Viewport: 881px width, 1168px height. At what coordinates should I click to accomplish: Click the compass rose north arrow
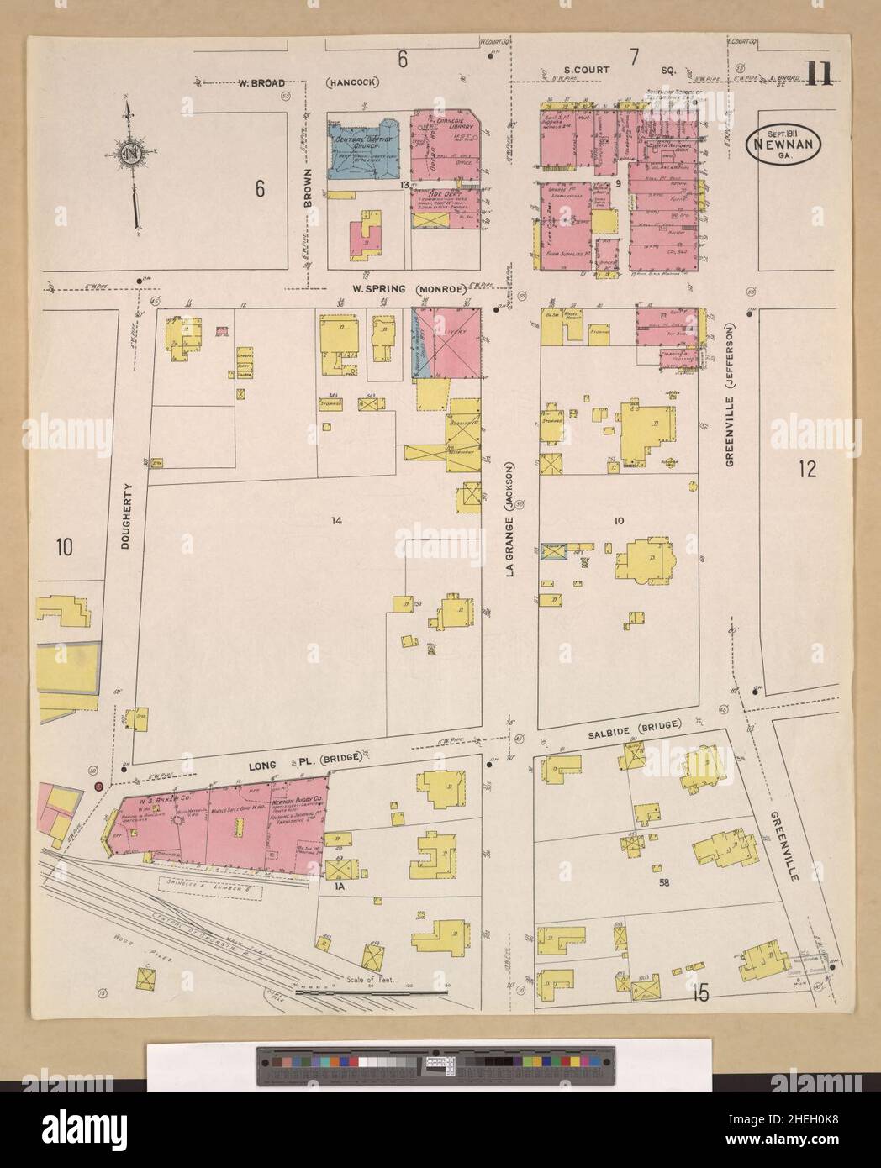pyautogui.click(x=132, y=156)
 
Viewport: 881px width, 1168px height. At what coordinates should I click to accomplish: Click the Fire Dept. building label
pyautogui.click(x=429, y=191)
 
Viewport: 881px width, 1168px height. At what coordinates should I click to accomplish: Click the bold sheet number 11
pyautogui.click(x=816, y=76)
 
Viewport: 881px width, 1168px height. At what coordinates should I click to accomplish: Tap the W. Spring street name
pyautogui.click(x=375, y=289)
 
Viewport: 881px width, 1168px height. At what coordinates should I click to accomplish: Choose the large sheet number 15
pyautogui.click(x=699, y=994)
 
